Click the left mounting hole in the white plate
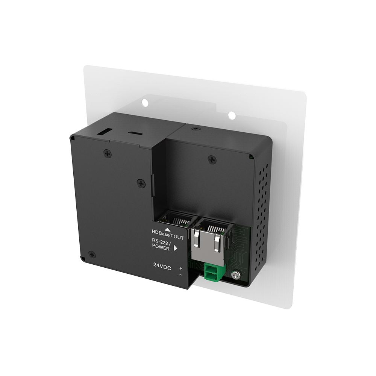pyautogui.click(x=145, y=103)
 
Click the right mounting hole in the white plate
pyautogui.click(x=232, y=115)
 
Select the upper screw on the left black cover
pyautogui.click(x=108, y=153)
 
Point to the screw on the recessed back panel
pyautogui.click(x=212, y=159)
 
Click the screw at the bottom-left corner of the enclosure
pyautogui.click(x=92, y=255)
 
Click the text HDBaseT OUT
pyautogui.click(x=168, y=235)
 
